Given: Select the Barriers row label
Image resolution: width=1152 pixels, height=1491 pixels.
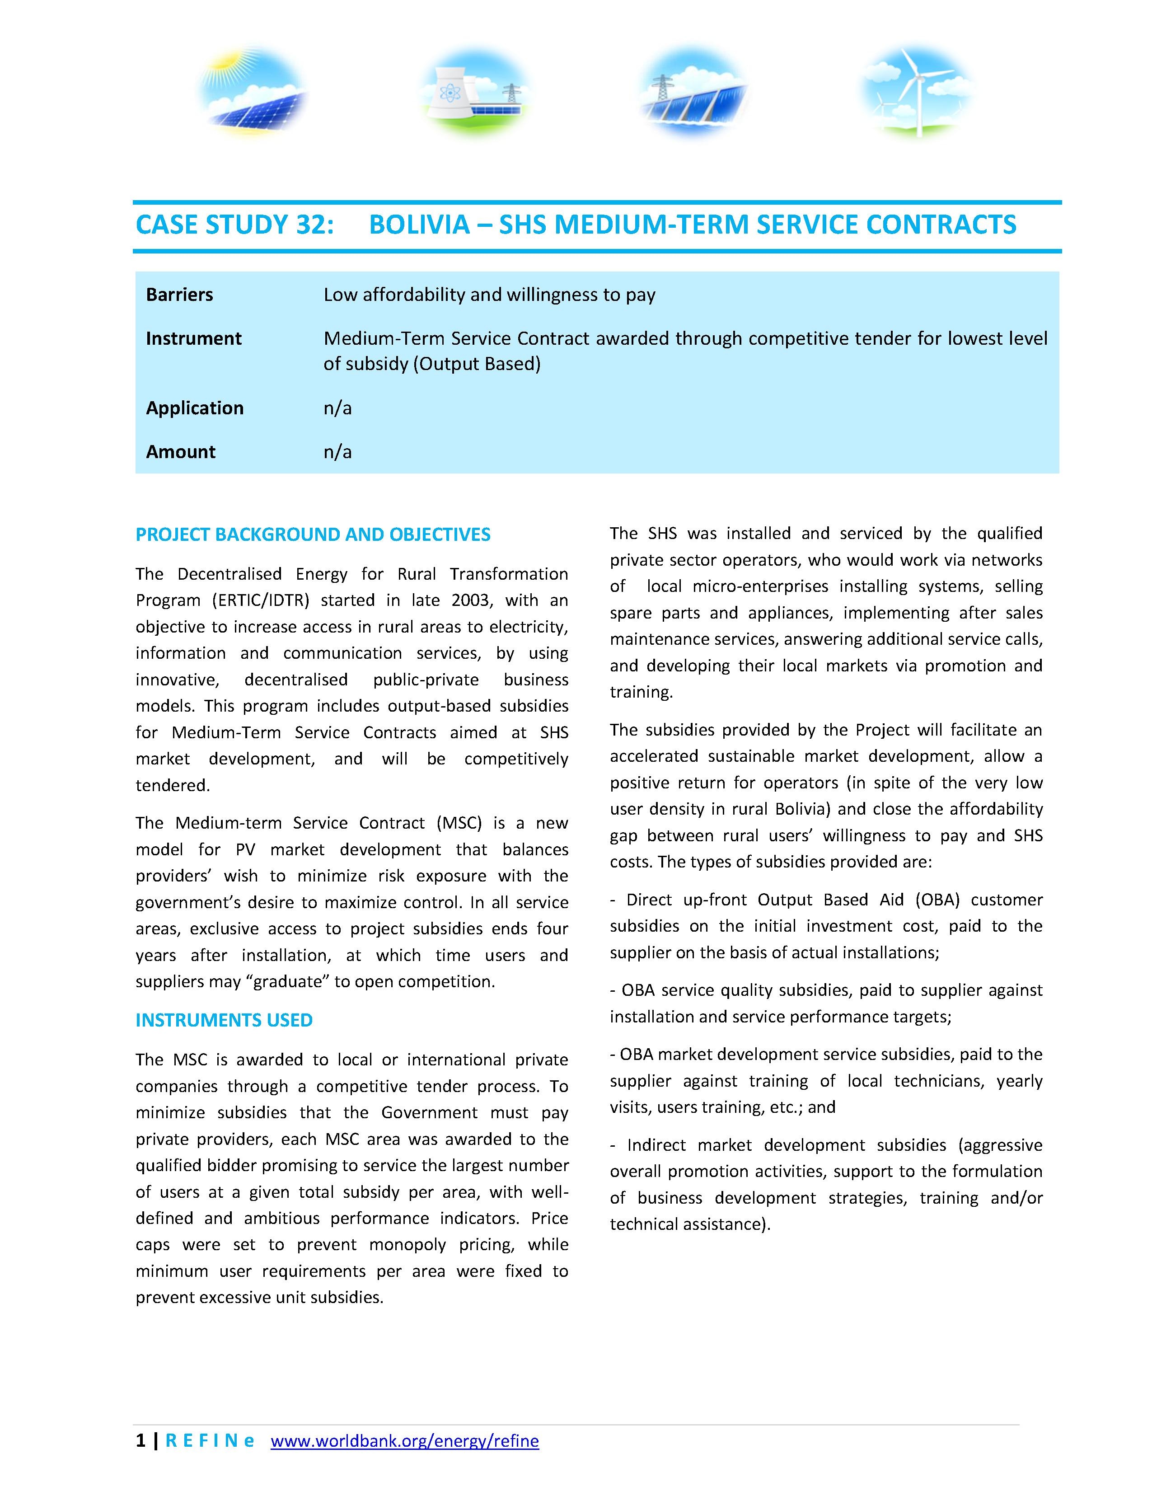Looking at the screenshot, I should (x=179, y=295).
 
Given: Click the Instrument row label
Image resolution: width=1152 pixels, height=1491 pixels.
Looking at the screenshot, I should (x=194, y=338).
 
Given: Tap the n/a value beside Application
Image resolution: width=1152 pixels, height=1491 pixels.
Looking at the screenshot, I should (x=337, y=408).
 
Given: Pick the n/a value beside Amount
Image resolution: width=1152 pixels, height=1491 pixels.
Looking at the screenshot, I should (x=337, y=452).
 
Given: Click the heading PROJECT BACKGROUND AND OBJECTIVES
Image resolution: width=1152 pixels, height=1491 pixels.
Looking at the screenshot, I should (x=313, y=535).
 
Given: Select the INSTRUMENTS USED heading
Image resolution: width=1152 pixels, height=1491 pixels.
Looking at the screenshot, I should (x=224, y=1020).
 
